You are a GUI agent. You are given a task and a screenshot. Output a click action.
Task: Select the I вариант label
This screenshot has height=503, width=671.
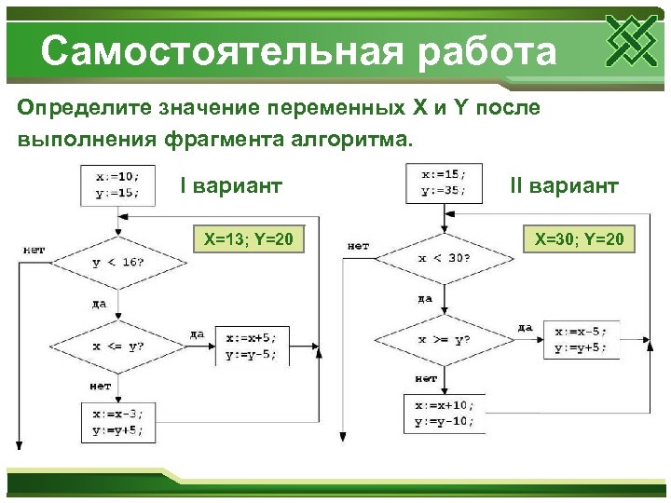pos(230,185)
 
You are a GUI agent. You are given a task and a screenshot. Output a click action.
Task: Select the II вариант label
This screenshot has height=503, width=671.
pos(563,185)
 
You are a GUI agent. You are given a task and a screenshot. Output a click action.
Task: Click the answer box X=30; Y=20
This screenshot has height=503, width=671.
pos(579,241)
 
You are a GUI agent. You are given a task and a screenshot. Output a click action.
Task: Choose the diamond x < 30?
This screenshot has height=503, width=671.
pos(444,258)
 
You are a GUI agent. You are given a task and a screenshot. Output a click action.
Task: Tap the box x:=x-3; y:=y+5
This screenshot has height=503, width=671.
pos(117,422)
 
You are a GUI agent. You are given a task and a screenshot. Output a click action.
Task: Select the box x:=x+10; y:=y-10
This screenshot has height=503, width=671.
pos(444,413)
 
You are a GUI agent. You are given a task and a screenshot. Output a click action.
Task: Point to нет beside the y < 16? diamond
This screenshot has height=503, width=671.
pos(35,249)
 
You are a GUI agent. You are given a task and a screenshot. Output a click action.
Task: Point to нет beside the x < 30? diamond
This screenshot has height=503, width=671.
pos(358,246)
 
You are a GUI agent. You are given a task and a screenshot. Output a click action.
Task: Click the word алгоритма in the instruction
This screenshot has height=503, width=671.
pos(354,140)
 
